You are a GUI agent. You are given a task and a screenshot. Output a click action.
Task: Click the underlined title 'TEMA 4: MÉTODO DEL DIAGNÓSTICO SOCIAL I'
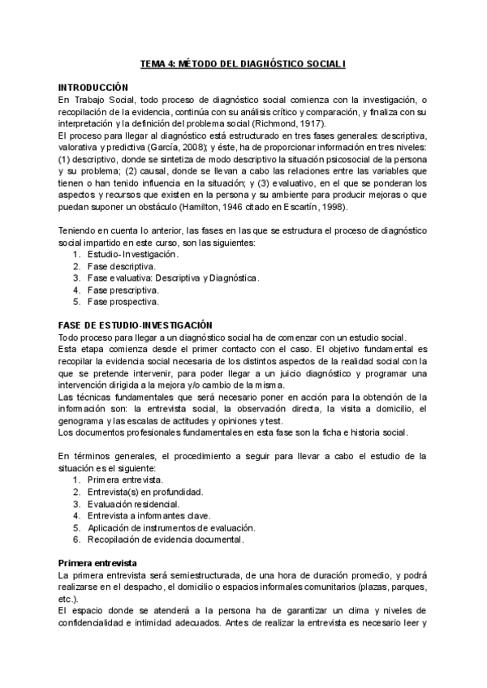[x=244, y=62]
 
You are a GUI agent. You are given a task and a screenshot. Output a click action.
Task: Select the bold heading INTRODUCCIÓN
[x=93, y=86]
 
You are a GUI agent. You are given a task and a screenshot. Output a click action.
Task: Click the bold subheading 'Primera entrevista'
[x=97, y=562]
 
